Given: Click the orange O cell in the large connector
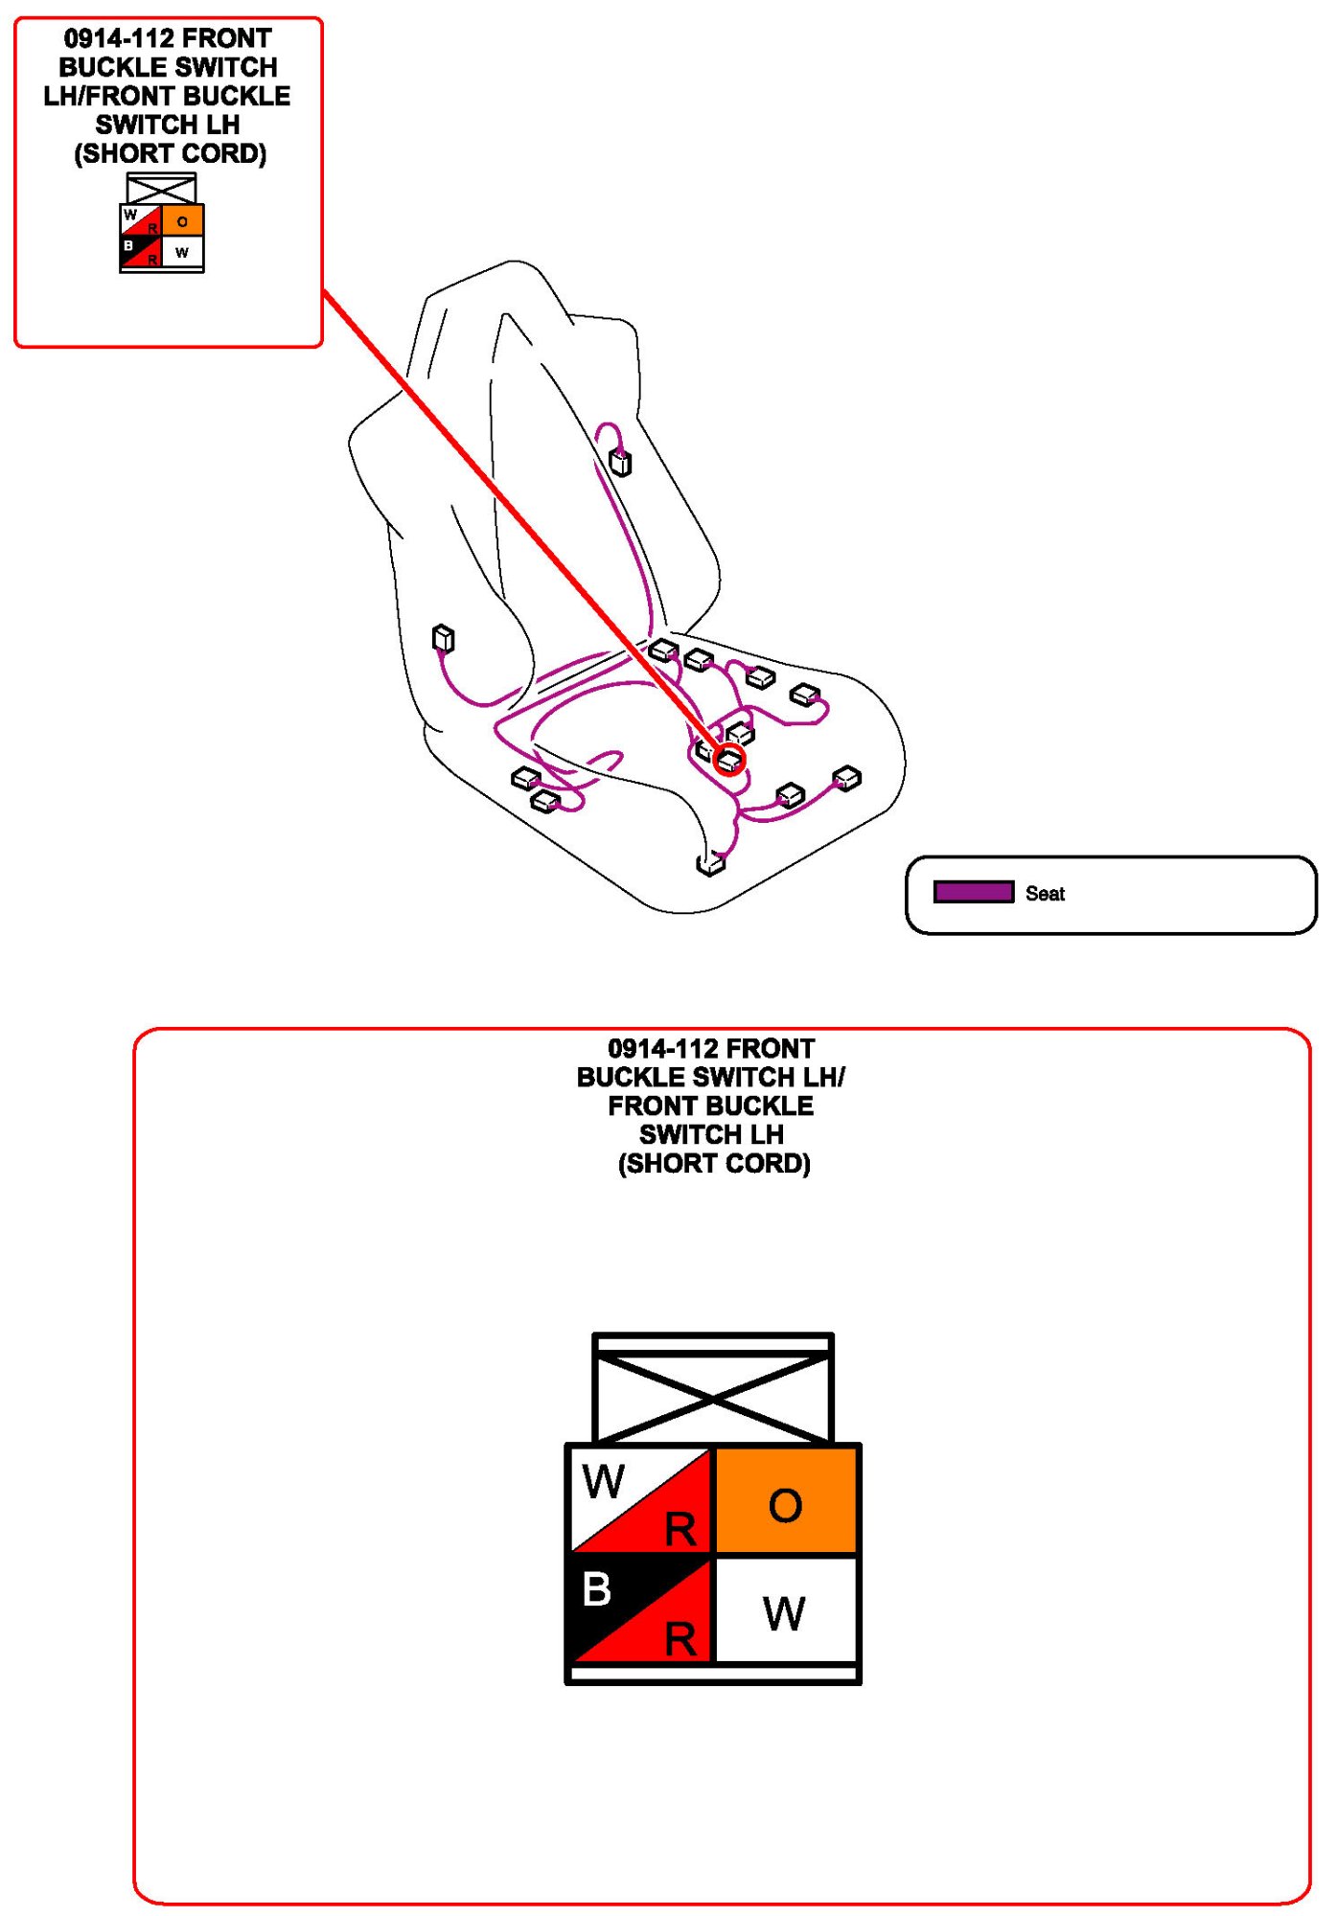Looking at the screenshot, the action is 785,1500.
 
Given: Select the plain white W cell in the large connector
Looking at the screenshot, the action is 785,1609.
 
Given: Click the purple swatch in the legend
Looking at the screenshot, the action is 973,892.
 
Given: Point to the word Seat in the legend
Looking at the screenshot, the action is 1045,894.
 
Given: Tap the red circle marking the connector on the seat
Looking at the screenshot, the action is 729,760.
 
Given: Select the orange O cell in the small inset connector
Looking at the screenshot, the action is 182,221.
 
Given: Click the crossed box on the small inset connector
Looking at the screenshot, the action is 161,189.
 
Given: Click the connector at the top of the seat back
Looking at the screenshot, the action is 621,464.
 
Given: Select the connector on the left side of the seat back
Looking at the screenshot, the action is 443,638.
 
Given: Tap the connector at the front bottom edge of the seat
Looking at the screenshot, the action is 710,864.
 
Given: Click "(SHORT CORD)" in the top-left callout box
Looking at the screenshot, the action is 170,153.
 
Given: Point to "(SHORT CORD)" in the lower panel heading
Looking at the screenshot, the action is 714,1163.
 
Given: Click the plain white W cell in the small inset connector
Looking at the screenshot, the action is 182,252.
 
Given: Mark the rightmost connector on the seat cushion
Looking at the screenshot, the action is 846,778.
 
